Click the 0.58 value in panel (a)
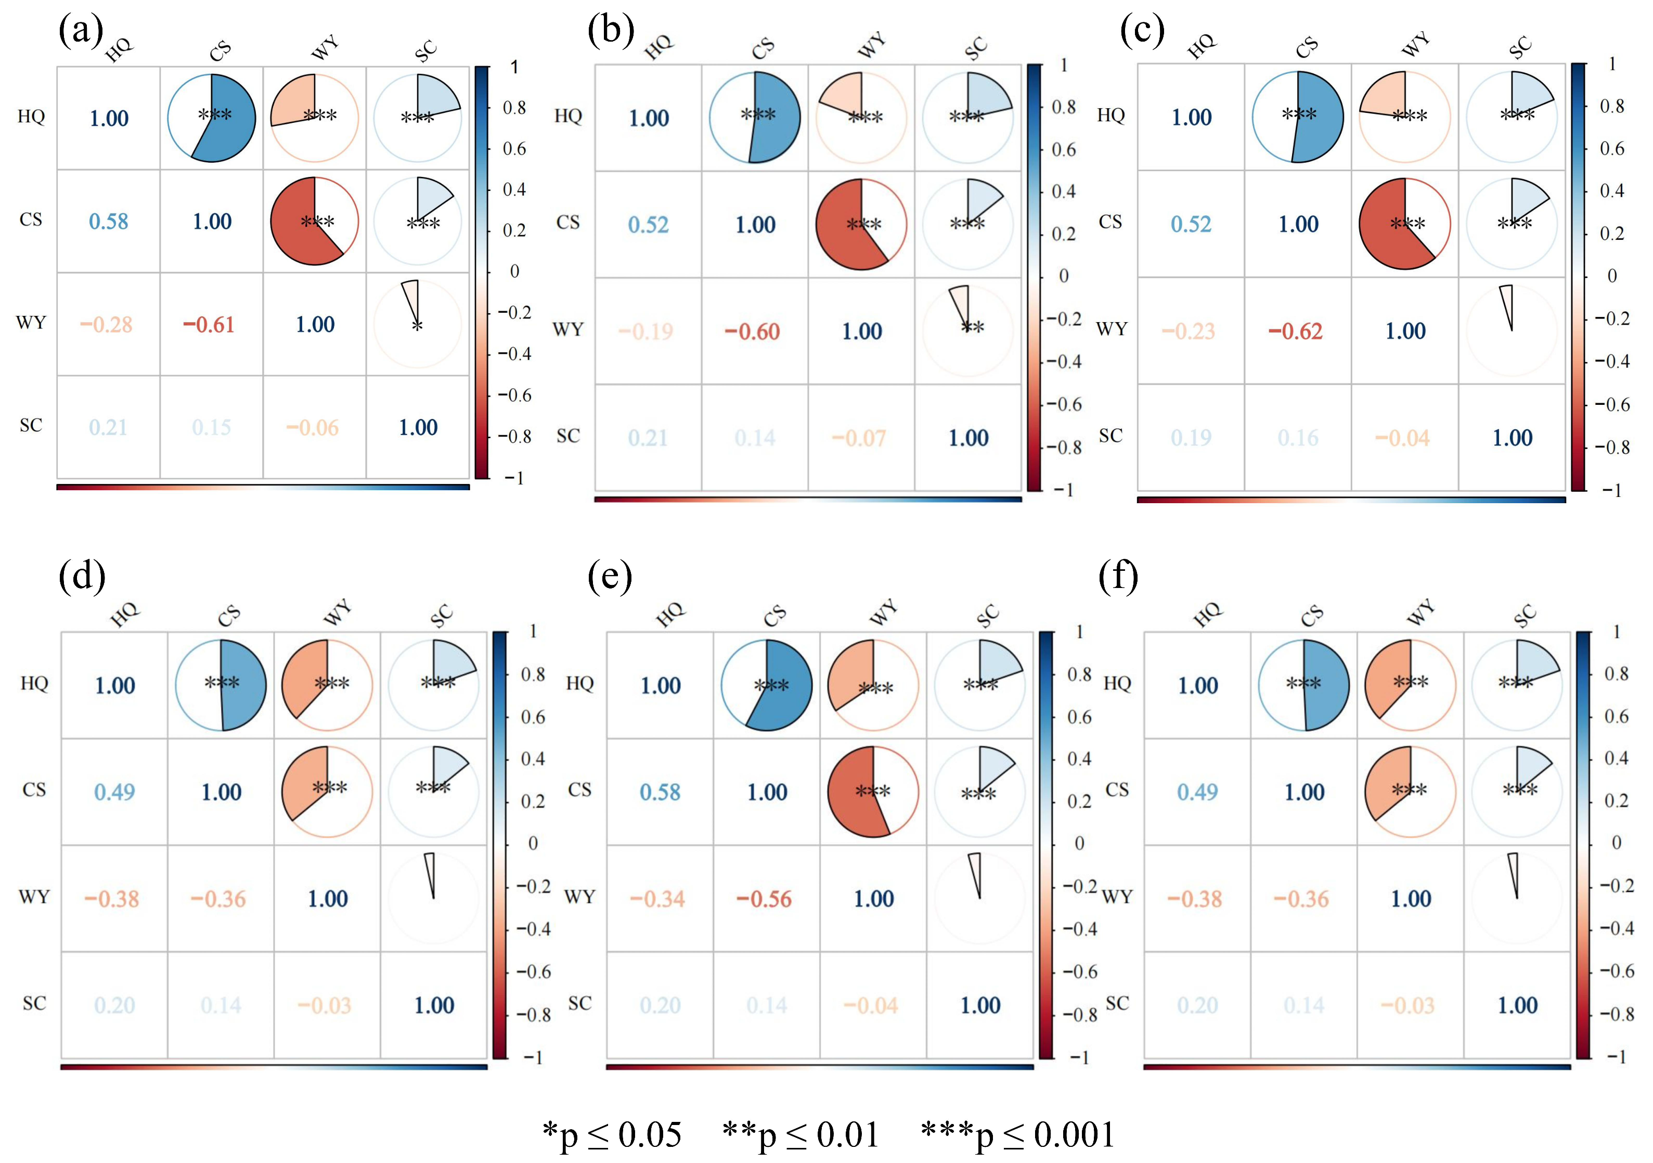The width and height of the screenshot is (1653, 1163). pyautogui.click(x=109, y=221)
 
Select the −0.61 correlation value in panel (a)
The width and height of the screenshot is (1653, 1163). pyautogui.click(x=209, y=325)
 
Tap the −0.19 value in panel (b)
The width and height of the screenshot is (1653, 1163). pyautogui.click(x=646, y=331)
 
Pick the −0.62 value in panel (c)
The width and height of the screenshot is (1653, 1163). pyautogui.click(x=1295, y=331)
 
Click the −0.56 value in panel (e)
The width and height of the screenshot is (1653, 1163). pyautogui.click(x=764, y=899)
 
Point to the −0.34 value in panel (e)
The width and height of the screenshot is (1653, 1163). pyautogui.click(x=657, y=899)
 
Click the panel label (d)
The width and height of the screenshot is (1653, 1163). pyautogui.click(x=82, y=576)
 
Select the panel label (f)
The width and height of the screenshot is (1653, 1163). pyautogui.click(x=1118, y=576)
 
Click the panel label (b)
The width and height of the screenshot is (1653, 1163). pyautogui.click(x=611, y=30)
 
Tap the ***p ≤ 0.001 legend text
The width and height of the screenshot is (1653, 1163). pyautogui.click(x=1018, y=1135)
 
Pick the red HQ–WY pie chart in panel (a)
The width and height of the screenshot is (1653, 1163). pyautogui.click(x=315, y=118)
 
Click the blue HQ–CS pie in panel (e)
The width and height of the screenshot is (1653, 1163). pyautogui.click(x=767, y=685)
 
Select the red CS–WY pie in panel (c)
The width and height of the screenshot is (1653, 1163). pyautogui.click(x=1404, y=223)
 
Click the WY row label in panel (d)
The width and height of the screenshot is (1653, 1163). pyautogui.click(x=34, y=897)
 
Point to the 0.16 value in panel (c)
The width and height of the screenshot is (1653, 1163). pyautogui.click(x=1298, y=438)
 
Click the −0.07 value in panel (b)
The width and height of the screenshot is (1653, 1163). pyautogui.click(x=859, y=438)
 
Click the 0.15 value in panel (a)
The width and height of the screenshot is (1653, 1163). pyautogui.click(x=212, y=428)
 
